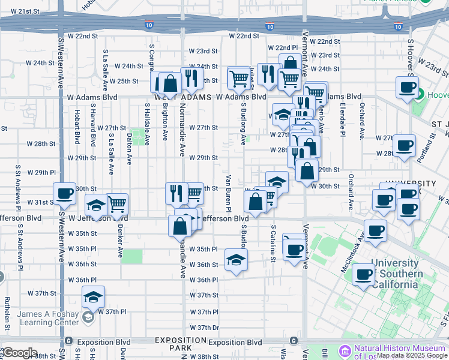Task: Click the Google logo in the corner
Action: pos(20,353)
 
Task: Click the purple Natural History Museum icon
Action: pos(345,350)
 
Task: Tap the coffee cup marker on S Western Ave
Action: pos(64,194)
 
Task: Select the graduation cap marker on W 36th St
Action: pos(237,260)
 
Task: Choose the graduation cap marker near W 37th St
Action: pos(93,296)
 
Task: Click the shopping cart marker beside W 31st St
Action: pos(116,204)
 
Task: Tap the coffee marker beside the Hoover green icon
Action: pos(407,88)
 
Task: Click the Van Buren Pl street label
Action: pos(229,193)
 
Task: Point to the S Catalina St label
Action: pos(273,244)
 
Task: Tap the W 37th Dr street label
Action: pos(205,328)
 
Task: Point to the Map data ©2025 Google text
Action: pos(412,355)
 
